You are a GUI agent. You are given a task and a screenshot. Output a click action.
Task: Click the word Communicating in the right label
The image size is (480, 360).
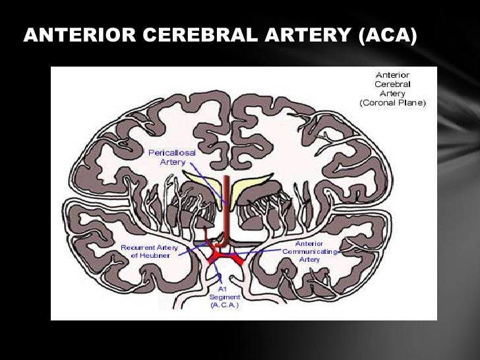(x=309, y=251)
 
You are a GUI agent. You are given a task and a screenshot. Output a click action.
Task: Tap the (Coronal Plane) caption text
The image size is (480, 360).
(x=393, y=103)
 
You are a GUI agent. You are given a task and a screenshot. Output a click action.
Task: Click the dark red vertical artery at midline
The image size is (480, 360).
(x=226, y=204)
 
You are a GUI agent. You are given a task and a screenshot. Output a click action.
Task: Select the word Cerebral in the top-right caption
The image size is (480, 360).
(x=393, y=84)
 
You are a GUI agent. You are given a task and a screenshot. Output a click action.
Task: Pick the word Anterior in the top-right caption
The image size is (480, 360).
(x=393, y=75)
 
